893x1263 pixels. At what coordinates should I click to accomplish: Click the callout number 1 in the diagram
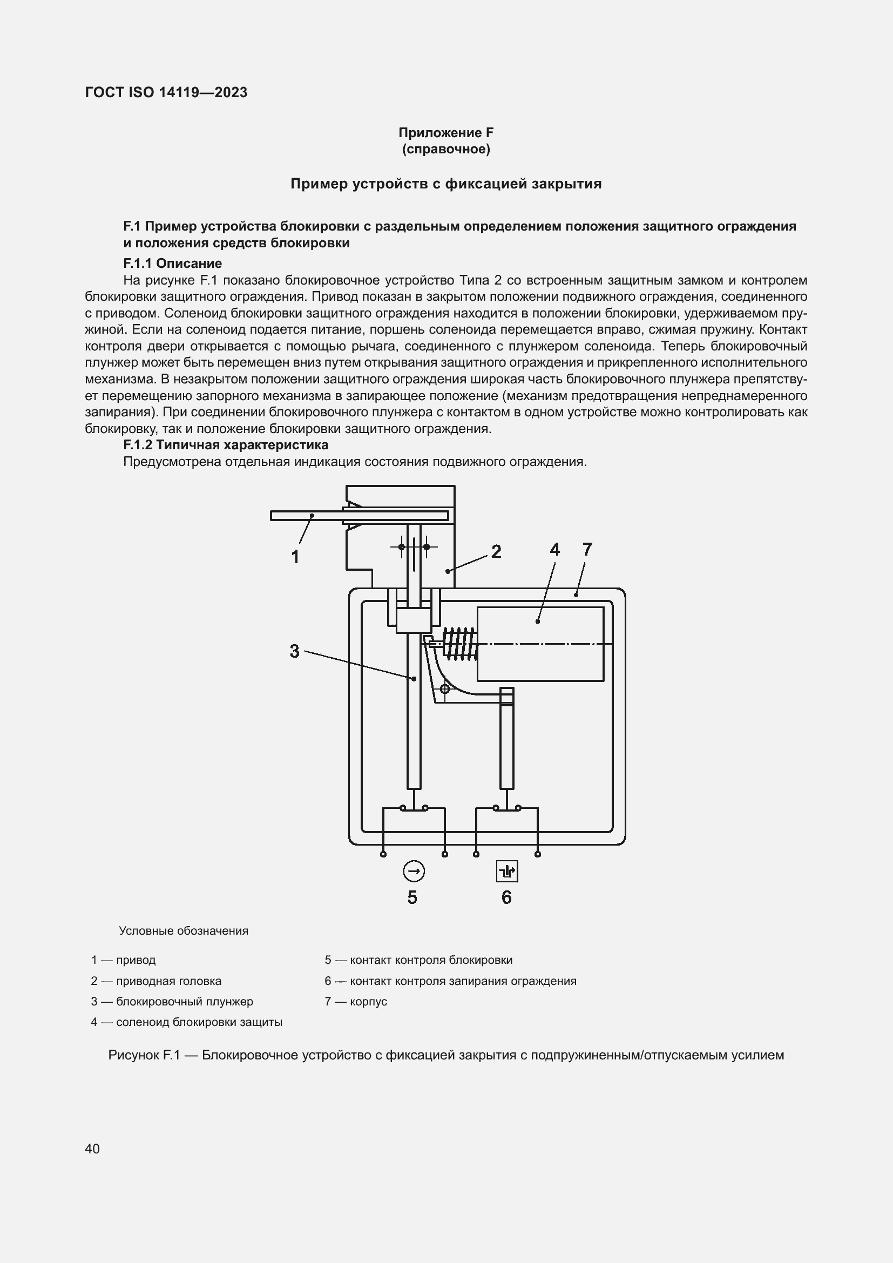coord(295,557)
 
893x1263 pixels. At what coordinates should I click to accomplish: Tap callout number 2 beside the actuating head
coord(496,551)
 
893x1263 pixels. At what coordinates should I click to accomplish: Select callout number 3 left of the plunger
coord(295,651)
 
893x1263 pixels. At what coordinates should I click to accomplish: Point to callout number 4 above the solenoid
coord(554,549)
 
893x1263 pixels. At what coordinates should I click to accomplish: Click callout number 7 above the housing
coord(587,549)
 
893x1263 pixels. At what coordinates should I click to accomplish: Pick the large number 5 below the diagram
coord(412,897)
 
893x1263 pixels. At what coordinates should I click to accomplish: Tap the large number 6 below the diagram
coord(506,897)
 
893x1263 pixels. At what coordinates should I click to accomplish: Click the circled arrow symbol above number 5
coord(414,872)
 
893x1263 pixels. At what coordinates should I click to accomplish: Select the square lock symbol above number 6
coord(506,872)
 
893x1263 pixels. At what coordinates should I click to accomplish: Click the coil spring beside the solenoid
coord(461,643)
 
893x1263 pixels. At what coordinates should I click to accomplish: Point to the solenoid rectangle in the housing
coord(540,644)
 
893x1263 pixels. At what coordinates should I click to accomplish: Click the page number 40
coord(92,1149)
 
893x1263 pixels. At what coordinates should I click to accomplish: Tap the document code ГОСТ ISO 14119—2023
coord(166,92)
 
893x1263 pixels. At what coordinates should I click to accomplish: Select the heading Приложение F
coord(446,133)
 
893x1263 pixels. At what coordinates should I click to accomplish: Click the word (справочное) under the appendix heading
coord(446,149)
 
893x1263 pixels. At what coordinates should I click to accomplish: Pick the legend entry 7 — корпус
coord(356,1001)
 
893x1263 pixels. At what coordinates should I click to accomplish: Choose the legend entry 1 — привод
coord(124,960)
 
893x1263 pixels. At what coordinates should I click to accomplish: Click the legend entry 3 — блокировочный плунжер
coord(172,1001)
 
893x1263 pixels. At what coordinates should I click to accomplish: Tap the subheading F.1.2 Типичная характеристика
coord(226,444)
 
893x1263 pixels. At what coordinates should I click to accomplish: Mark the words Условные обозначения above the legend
coord(184,931)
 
